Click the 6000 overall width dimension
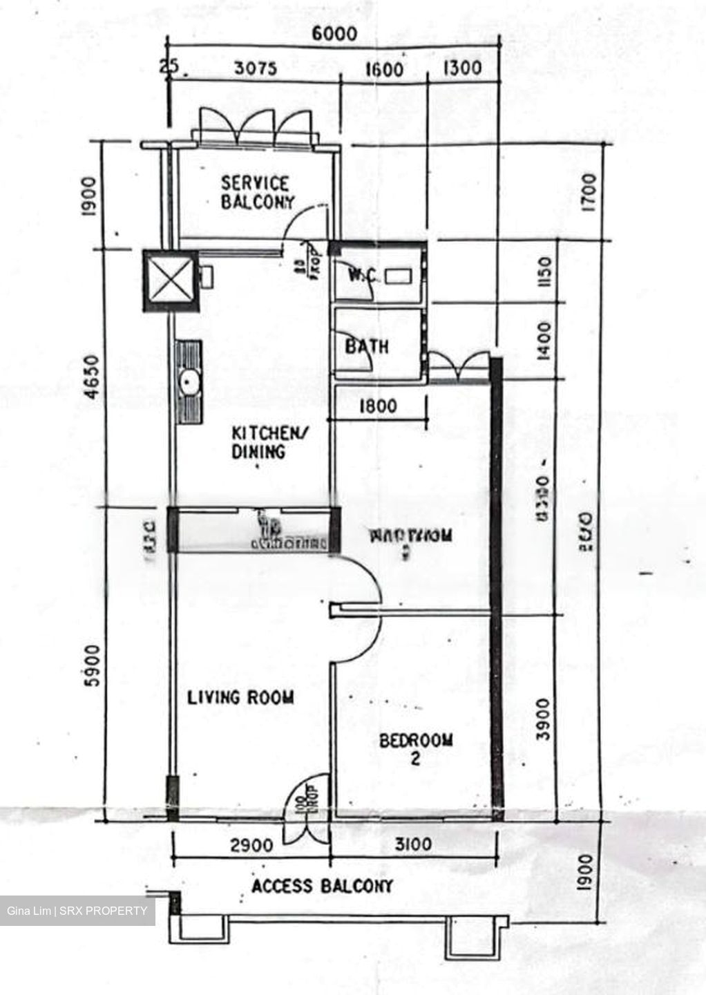pos(335,34)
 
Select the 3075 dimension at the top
pos(255,69)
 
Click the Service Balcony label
pos(256,193)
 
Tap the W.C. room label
pos(363,276)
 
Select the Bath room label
pos(367,346)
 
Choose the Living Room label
pos(240,697)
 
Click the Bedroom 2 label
pos(416,749)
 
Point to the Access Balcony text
pos(322,886)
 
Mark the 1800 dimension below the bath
pos(378,406)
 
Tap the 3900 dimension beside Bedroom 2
pos(544,720)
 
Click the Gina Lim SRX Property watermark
pos(77,911)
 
